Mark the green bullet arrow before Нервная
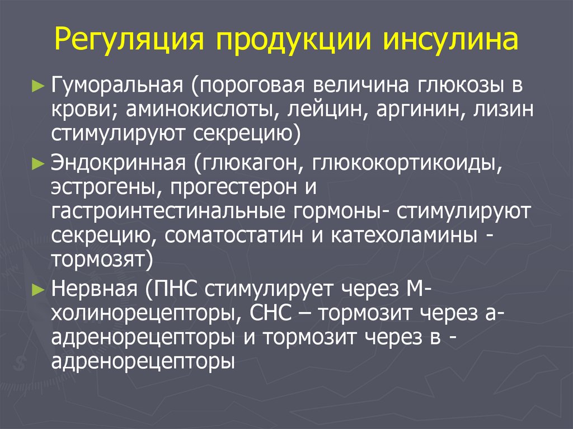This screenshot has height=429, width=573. click(38, 289)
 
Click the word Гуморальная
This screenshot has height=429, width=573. click(119, 86)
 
